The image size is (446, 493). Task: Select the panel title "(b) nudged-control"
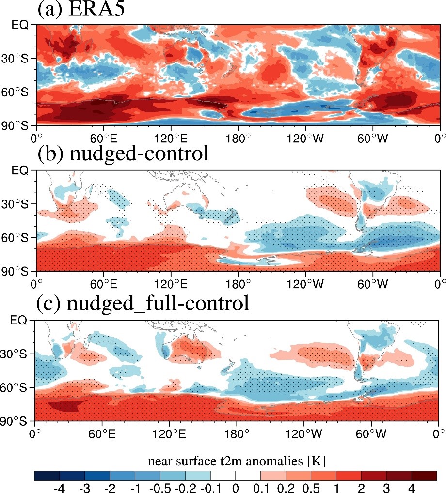tap(123, 154)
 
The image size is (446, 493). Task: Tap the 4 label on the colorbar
tap(412, 486)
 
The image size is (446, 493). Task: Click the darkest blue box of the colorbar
tap(47, 475)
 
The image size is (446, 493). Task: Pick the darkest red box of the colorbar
tap(424, 475)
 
